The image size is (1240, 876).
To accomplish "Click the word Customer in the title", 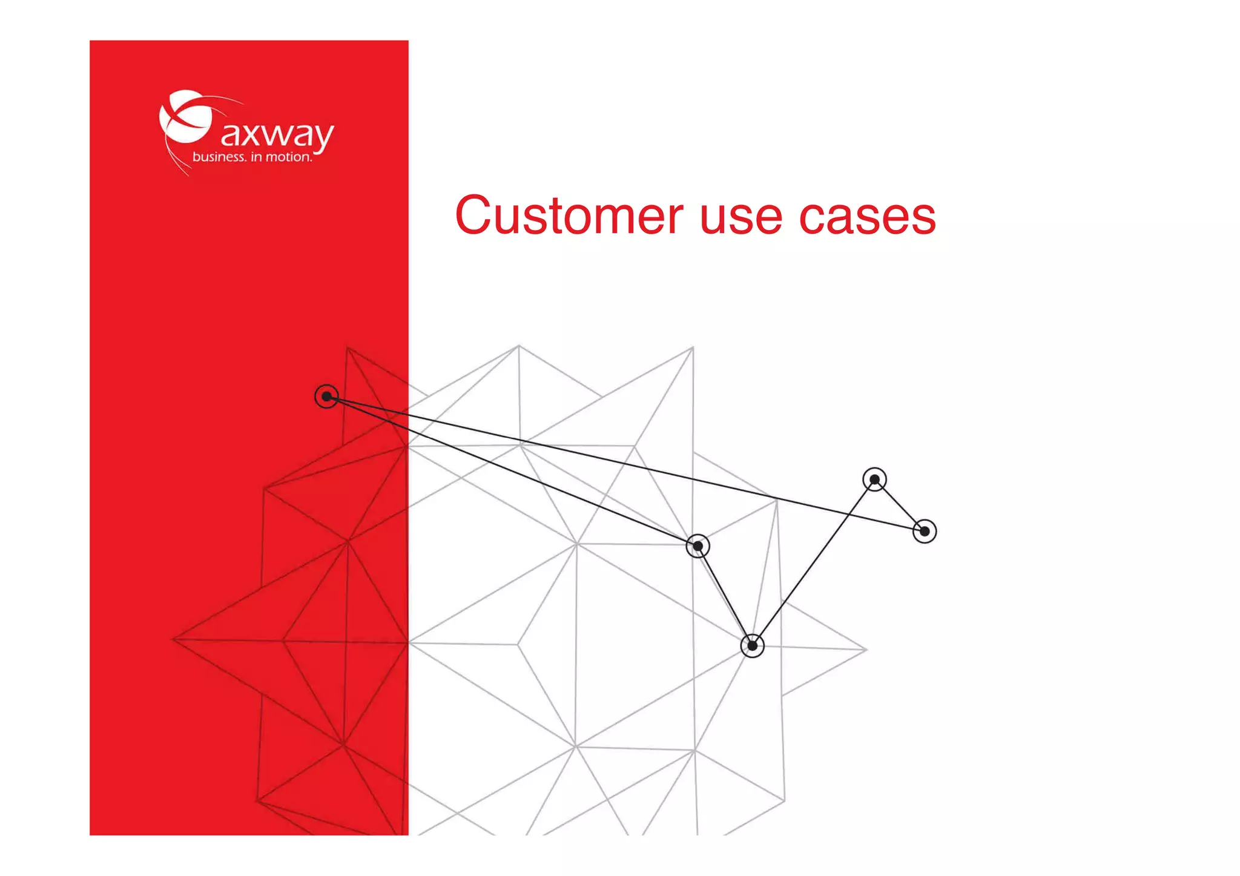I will [x=569, y=216].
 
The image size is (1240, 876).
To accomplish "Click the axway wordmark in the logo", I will [x=277, y=134].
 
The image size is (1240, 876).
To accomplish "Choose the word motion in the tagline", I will [x=288, y=157].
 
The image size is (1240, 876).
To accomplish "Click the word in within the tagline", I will [x=256, y=157].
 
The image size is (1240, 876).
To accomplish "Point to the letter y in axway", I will [x=322, y=137].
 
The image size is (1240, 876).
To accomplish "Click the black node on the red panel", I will [x=326, y=397].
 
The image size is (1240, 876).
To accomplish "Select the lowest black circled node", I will [x=752, y=646].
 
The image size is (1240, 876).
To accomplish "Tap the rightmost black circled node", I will [x=925, y=532].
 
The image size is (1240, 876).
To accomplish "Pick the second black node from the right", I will [x=874, y=480].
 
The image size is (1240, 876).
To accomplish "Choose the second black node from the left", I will [x=697, y=546].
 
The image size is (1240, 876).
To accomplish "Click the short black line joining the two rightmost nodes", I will [x=900, y=506].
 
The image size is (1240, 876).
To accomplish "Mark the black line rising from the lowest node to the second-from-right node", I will [x=813, y=563].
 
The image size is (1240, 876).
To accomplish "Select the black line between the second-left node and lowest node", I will [x=725, y=596].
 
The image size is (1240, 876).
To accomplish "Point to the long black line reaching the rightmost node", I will [x=624, y=464].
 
